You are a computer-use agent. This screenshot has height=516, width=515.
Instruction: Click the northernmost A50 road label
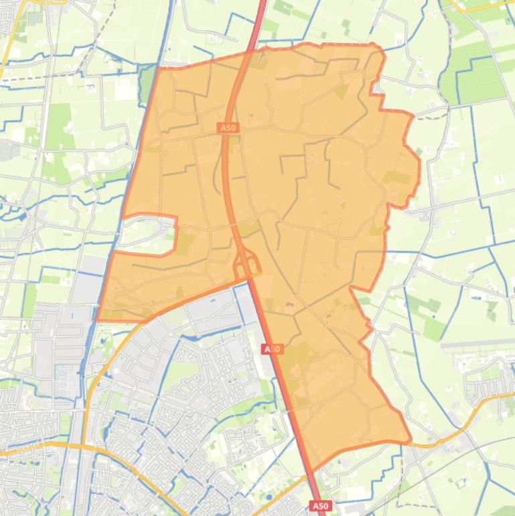pos(228,127)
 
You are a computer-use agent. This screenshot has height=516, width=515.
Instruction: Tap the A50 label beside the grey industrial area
pos(273,349)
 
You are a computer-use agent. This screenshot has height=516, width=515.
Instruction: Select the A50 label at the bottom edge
pos(320,506)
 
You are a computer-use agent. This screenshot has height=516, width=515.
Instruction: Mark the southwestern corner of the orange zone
pos(98,320)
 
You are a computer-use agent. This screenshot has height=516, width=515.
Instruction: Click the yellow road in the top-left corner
pos(8,47)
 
